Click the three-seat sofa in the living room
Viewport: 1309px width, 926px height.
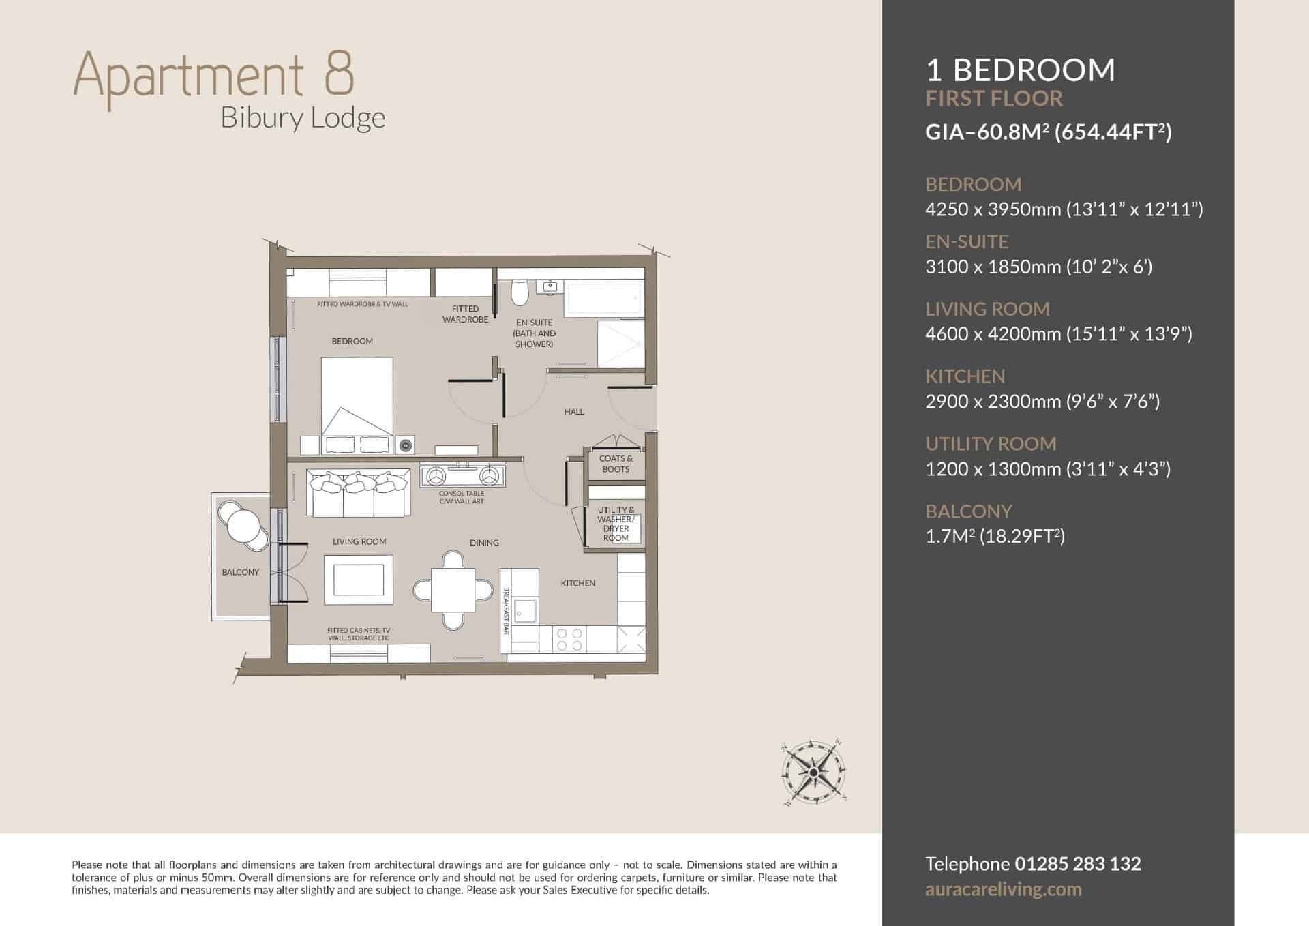click(359, 492)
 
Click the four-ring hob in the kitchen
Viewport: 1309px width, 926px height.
click(570, 639)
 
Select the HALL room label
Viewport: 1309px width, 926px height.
click(574, 412)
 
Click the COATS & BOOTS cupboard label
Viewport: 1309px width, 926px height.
click(616, 464)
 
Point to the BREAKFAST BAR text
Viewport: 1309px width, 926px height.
click(507, 611)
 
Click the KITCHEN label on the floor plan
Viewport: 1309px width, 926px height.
click(578, 583)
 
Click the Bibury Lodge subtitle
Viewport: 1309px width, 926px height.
click(303, 118)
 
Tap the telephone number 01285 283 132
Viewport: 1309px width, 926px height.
click(1078, 864)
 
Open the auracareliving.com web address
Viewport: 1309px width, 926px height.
click(1004, 890)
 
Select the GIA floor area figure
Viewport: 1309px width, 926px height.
click(1049, 131)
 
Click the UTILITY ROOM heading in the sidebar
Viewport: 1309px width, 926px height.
click(991, 444)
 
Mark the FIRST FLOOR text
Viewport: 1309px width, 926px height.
click(994, 98)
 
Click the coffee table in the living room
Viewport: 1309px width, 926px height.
click(359, 580)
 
